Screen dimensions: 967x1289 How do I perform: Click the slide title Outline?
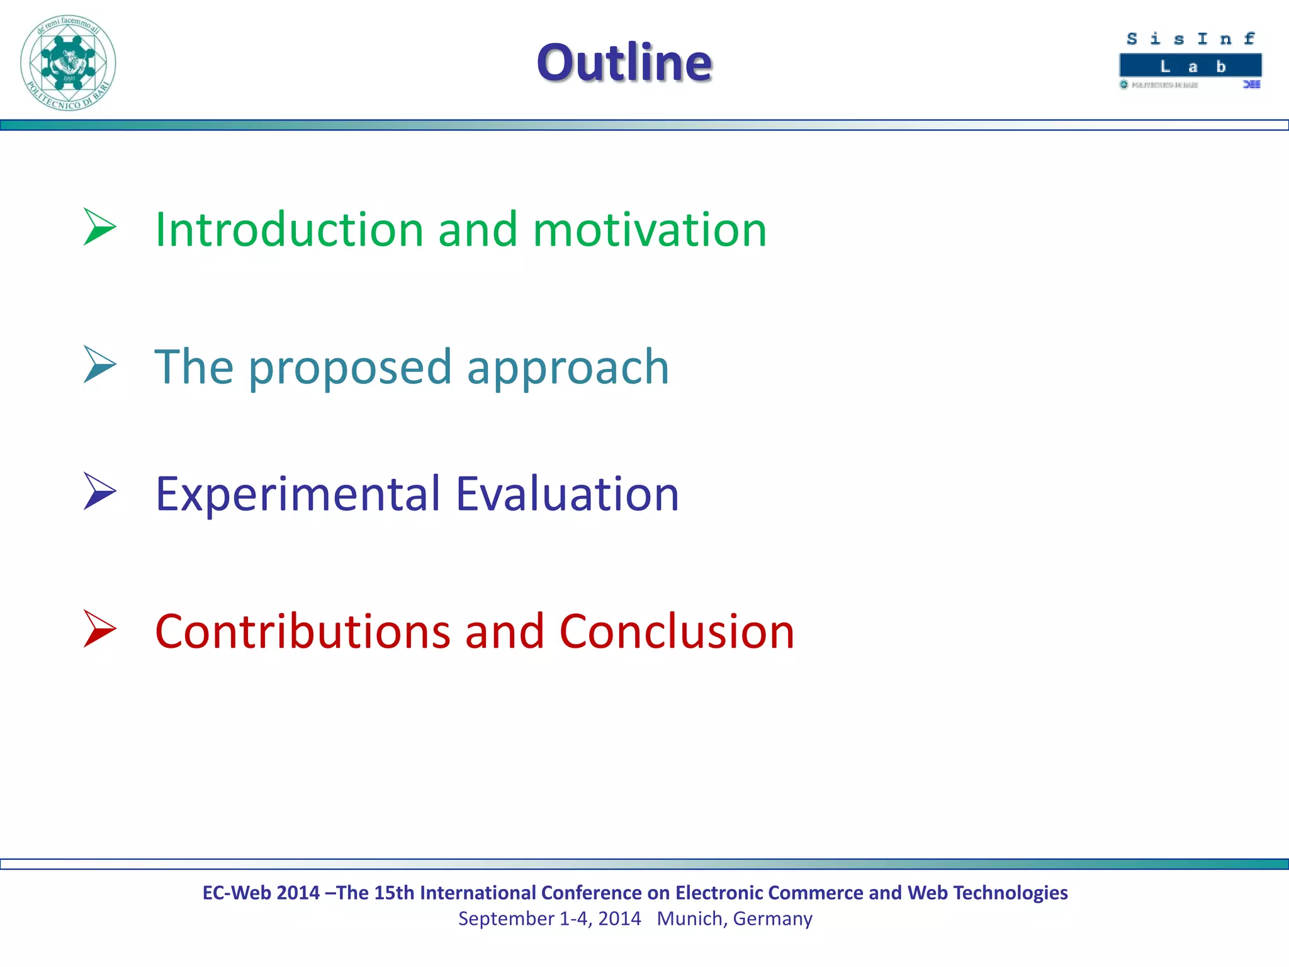click(x=624, y=62)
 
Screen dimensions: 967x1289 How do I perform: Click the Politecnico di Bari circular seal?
click(x=68, y=63)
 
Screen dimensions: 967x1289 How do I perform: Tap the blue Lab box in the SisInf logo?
click(x=1190, y=66)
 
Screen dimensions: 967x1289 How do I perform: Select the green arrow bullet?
click(x=99, y=227)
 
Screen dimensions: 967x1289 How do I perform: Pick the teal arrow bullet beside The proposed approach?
click(x=99, y=365)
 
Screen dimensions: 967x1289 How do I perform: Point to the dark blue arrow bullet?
click(x=99, y=491)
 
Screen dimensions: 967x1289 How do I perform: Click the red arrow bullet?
click(x=99, y=629)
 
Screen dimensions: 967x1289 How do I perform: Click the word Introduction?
click(x=289, y=229)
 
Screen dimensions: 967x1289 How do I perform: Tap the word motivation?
click(x=650, y=229)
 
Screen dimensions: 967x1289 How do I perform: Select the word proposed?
click(x=350, y=368)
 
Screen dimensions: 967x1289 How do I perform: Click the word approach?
click(x=568, y=368)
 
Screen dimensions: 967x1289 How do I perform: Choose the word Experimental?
click(x=298, y=494)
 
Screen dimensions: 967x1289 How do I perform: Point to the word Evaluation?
click(x=567, y=494)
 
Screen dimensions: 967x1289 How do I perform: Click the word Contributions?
click(x=303, y=631)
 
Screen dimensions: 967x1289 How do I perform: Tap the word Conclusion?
click(x=677, y=631)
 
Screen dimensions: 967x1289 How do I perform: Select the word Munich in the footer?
click(x=689, y=919)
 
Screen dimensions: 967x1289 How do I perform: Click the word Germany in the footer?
click(x=773, y=919)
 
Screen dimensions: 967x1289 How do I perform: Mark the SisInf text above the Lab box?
click(x=1190, y=39)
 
